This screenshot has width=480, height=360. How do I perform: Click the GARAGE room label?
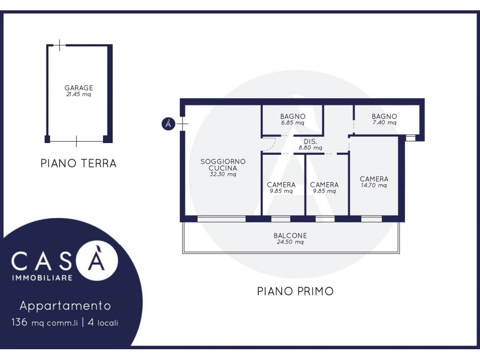[x=79, y=88]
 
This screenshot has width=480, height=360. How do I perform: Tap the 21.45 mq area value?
[x=79, y=95]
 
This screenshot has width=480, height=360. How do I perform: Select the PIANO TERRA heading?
[x=79, y=163]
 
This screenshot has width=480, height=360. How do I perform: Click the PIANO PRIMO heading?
[x=295, y=291]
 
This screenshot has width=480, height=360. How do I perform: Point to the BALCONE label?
[x=290, y=236]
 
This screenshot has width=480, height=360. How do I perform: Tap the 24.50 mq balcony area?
[x=290, y=242]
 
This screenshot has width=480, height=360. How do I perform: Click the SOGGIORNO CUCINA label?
[x=223, y=165]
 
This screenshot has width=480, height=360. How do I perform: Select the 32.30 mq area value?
[x=223, y=174]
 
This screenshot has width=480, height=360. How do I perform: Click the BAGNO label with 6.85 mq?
[x=293, y=116]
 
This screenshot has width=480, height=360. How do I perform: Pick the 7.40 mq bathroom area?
[x=384, y=123]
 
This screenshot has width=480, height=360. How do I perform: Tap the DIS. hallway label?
[x=310, y=142]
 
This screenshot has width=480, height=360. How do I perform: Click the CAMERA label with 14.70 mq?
[x=374, y=179]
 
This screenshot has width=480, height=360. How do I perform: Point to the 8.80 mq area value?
[x=310, y=148]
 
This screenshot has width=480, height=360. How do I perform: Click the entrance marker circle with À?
[x=168, y=124]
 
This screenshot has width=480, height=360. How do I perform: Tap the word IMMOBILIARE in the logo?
[x=42, y=278]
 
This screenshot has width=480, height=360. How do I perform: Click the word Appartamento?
[x=65, y=306]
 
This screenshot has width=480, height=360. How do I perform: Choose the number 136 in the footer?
[x=19, y=322]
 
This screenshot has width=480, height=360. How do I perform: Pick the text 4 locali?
[x=103, y=322]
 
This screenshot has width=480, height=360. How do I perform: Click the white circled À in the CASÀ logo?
[x=97, y=261]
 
